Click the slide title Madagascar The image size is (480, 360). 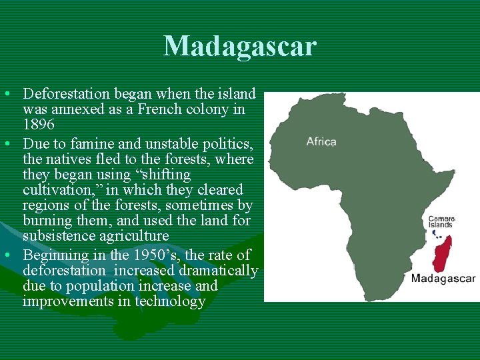(240, 47)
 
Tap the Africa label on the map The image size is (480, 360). (321, 141)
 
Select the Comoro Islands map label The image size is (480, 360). (441, 222)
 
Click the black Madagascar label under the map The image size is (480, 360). (443, 278)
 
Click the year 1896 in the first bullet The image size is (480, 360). (39, 125)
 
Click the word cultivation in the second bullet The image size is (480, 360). (57, 190)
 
